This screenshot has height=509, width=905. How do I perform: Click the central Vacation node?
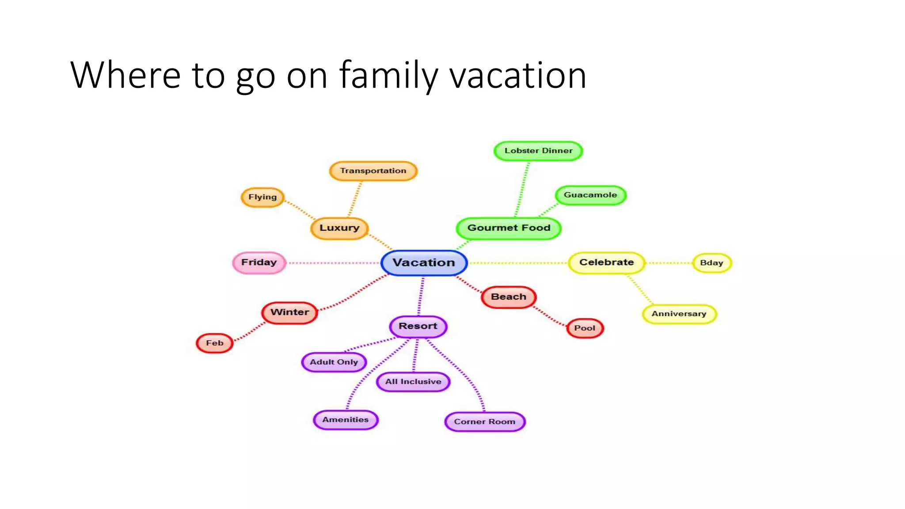(x=424, y=263)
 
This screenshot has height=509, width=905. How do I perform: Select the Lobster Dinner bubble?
(x=538, y=151)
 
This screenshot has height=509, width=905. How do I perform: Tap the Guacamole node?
(x=590, y=195)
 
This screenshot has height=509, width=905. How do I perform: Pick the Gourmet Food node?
(x=509, y=228)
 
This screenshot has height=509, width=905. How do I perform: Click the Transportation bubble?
(x=373, y=171)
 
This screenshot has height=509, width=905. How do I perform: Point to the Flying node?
(x=262, y=197)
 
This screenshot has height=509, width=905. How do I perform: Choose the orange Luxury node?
(x=339, y=228)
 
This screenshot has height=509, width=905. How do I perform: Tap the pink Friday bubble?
(x=259, y=262)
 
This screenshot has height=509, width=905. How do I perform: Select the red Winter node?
(x=289, y=312)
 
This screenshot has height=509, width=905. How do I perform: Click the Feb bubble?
(x=214, y=343)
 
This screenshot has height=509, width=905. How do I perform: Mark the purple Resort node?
(x=418, y=326)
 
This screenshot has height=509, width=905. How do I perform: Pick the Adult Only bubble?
(x=334, y=362)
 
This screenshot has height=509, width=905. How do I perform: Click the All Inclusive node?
(x=413, y=382)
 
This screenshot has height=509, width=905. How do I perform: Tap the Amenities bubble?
(x=345, y=420)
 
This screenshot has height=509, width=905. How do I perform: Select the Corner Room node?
(x=485, y=422)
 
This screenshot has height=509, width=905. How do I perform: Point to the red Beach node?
(x=509, y=297)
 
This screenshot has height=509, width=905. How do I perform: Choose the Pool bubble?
(x=585, y=328)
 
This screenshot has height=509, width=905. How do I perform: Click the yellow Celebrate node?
(x=606, y=262)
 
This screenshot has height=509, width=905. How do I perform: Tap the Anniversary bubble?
(x=679, y=314)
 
